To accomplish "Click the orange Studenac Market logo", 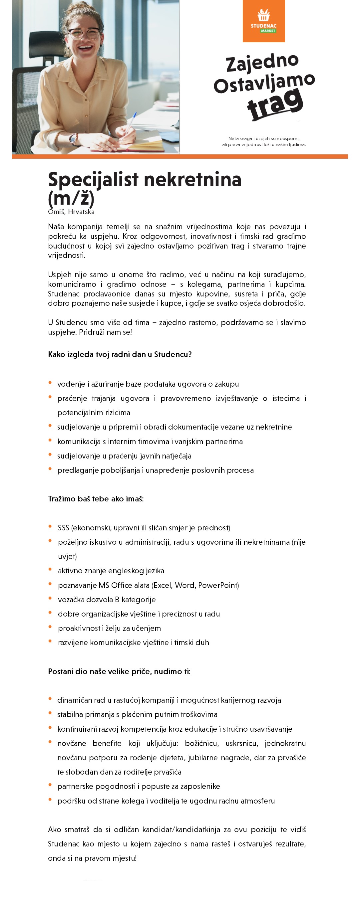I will (264, 21).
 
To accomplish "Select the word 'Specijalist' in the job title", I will (93, 180).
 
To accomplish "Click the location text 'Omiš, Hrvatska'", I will (71, 212).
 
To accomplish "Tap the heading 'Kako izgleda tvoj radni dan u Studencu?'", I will (120, 354).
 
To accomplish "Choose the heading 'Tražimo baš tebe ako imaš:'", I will (96, 499).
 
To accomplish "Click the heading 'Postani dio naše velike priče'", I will (100, 671).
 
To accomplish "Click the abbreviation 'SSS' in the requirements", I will (63, 527).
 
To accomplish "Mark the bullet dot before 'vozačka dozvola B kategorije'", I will (50, 599).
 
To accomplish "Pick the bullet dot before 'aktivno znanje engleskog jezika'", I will (50, 569).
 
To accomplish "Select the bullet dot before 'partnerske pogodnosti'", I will (50, 785).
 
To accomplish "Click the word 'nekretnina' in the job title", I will (192, 180).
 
